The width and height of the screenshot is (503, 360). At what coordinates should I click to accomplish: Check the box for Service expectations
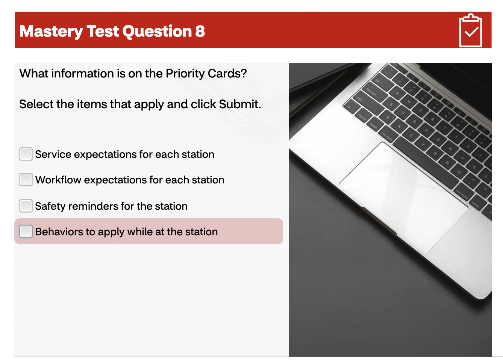[x=26, y=154]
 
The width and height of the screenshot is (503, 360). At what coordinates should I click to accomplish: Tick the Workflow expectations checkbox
[x=26, y=180]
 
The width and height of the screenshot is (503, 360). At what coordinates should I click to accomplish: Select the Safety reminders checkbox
[x=26, y=206]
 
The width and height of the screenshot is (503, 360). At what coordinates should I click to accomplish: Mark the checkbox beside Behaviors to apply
[x=26, y=231]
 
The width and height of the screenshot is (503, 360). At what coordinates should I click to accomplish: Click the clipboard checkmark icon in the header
[x=471, y=31]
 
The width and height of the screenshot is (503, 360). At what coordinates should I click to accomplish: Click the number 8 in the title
[x=200, y=32]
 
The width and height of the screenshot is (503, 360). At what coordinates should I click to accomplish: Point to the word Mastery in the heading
[x=51, y=32]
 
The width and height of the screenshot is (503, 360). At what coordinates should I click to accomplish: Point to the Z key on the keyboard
[x=388, y=118]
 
